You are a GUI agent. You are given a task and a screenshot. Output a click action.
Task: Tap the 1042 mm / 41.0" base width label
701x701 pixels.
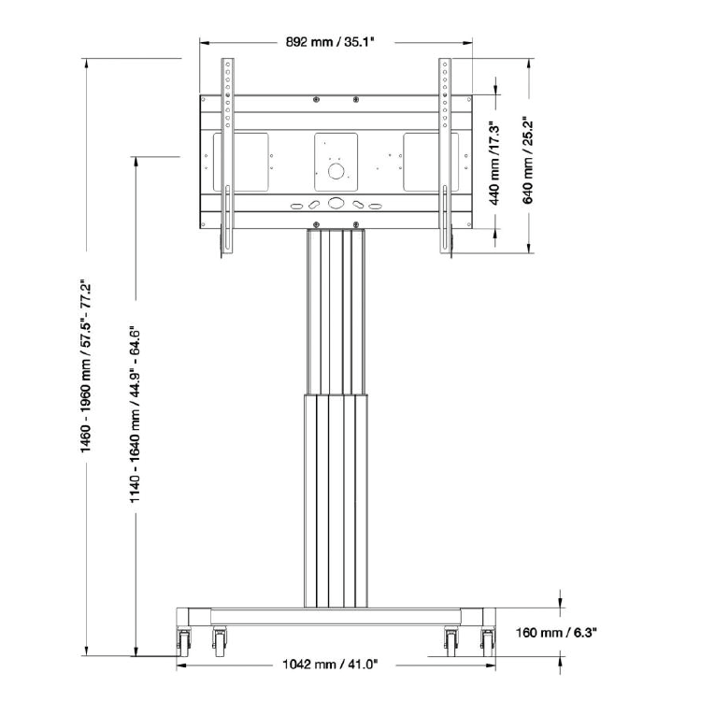coord(329,665)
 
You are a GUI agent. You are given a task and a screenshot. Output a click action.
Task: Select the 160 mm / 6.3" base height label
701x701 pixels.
coord(556,633)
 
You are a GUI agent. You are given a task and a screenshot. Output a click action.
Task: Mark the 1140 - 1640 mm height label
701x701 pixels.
coord(136,415)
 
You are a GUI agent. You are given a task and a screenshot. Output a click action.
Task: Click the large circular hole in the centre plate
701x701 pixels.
coord(336,171)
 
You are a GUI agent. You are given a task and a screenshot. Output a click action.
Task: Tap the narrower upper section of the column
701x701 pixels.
coord(336,308)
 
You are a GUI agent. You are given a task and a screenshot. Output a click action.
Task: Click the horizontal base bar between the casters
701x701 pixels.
coord(336,618)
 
